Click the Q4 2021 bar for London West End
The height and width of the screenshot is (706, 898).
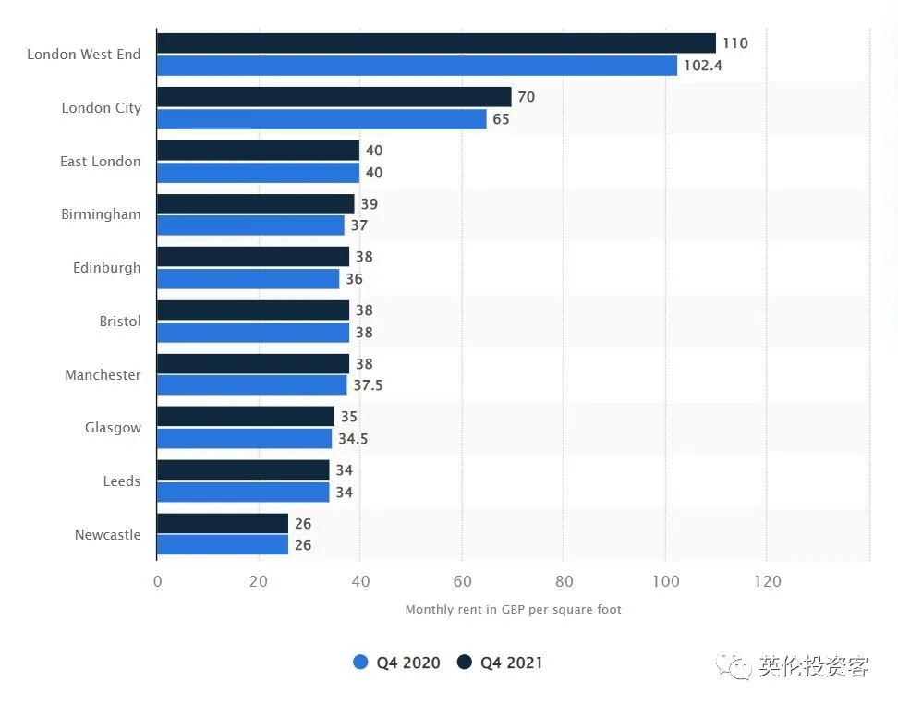[436, 43]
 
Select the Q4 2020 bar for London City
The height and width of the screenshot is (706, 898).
[322, 119]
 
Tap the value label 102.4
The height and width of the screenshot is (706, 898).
[702, 66]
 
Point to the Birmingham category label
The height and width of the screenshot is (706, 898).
[101, 214]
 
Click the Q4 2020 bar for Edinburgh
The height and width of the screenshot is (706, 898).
[248, 279]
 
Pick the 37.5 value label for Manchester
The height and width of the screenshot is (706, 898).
[368, 385]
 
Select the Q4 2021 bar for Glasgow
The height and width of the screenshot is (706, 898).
[246, 417]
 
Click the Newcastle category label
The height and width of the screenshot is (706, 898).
[107, 535]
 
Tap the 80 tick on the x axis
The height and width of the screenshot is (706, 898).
[564, 581]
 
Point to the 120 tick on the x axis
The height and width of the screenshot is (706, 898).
[767, 581]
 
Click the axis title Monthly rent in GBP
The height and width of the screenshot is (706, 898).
[513, 610]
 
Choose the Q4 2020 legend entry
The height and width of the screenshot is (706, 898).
[397, 663]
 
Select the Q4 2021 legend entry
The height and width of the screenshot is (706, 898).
[500, 663]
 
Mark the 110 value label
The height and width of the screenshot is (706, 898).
[735, 43]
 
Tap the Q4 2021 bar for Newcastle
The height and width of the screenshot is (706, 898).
[223, 524]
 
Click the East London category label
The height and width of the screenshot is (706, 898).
[101, 162]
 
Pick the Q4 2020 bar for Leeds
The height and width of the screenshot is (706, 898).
[243, 493]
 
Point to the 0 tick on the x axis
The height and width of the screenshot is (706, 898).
[157, 581]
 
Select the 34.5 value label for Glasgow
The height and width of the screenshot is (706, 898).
[353, 439]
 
